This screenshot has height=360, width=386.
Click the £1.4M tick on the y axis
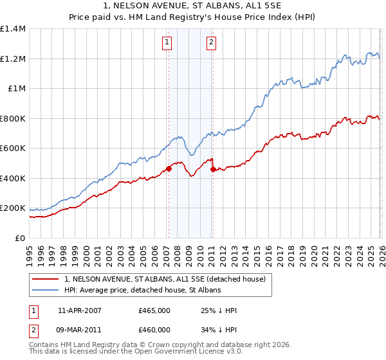(x=13, y=29)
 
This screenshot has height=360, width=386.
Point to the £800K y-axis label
(x=13, y=118)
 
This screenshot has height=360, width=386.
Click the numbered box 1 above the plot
(x=167, y=43)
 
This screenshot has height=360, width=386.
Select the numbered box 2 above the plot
(x=211, y=43)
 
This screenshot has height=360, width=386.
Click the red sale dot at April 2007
(x=169, y=169)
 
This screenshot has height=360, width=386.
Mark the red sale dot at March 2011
(x=213, y=170)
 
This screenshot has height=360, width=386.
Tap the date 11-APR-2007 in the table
(x=80, y=311)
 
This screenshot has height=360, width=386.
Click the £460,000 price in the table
(x=154, y=329)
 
